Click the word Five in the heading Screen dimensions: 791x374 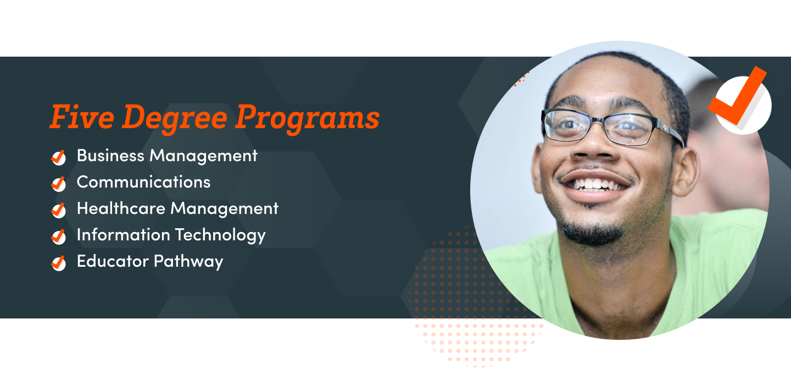pos(82,116)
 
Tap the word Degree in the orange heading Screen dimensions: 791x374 pos(175,118)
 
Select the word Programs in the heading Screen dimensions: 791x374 pos(307,118)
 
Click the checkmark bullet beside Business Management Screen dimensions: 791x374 pos(58,157)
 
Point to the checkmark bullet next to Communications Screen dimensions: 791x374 pos(58,184)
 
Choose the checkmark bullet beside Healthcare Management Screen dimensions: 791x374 pos(58,210)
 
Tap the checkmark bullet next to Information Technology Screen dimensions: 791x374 pos(58,237)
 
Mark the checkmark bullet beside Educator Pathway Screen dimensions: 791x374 pos(58,263)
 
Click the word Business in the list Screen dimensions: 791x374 pos(110,156)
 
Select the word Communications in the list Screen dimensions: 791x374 pos(143,182)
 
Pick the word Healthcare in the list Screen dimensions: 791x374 pos(121,208)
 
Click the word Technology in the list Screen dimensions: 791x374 pos(220,235)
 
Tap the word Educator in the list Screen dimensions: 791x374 pos(113,261)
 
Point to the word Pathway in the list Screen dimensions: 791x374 pos(188,262)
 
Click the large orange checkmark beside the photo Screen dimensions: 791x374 pos(738,96)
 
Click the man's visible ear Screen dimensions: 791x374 pos(685,172)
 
